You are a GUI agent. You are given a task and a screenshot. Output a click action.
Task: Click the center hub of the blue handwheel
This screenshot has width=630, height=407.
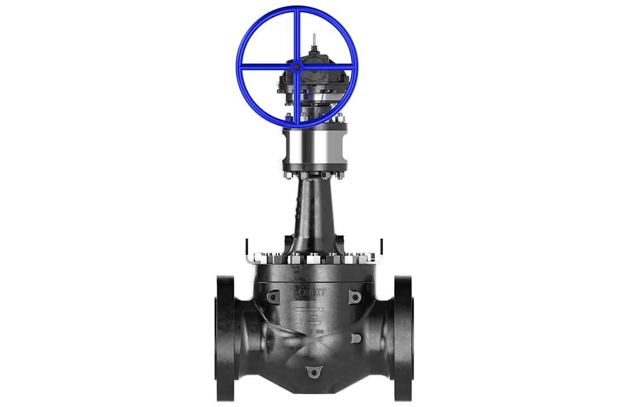297,66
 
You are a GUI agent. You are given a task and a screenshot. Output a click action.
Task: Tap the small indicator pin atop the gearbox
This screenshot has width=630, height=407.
314,40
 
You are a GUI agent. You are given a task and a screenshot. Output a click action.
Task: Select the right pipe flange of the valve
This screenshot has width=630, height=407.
403,337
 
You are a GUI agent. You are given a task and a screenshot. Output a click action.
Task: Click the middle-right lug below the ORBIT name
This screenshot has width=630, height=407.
356,338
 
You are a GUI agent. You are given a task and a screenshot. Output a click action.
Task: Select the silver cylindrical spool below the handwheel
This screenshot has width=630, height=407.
314,147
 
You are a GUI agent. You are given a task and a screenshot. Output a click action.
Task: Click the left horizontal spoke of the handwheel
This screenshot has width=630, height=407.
266,67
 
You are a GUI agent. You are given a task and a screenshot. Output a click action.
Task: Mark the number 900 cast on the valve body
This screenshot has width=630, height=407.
318,332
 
